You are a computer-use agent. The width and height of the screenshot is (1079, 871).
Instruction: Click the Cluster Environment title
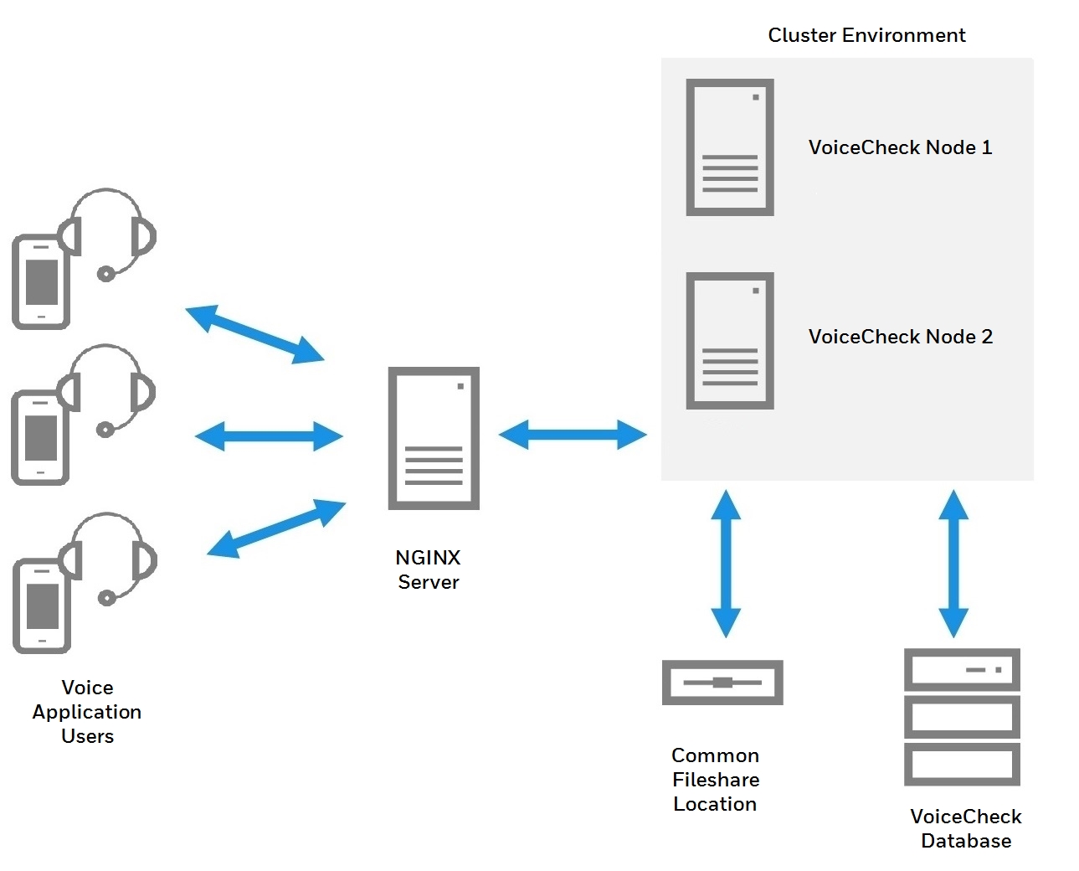pyautogui.click(x=866, y=35)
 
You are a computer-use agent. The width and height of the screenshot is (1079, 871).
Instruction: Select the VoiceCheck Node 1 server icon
pyautogui.click(x=729, y=147)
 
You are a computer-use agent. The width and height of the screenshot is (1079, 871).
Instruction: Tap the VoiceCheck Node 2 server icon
pyautogui.click(x=729, y=341)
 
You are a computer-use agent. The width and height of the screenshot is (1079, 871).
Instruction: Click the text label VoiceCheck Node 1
pyautogui.click(x=900, y=147)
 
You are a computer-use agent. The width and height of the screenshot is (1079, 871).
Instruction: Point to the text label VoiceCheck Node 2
pyautogui.click(x=900, y=337)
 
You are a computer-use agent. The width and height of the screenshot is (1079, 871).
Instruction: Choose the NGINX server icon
pyautogui.click(x=434, y=438)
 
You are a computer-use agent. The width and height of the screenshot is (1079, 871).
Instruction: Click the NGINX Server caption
pyautogui.click(x=428, y=569)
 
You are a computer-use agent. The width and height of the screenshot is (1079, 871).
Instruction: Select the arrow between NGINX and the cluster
pyautogui.click(x=573, y=435)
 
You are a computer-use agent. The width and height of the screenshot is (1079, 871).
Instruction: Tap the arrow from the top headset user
pyautogui.click(x=254, y=334)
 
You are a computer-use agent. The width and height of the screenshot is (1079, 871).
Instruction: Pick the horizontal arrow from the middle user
pyautogui.click(x=269, y=436)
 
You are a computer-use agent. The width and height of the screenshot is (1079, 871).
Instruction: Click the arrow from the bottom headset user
pyautogui.click(x=276, y=528)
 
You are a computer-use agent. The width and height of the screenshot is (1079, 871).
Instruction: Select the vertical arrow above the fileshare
pyautogui.click(x=726, y=564)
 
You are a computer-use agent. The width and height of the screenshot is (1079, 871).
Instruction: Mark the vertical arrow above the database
pyautogui.click(x=953, y=564)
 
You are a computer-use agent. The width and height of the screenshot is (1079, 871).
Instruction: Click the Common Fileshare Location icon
pyautogui.click(x=722, y=683)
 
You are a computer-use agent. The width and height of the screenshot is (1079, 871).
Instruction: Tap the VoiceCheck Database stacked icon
pyautogui.click(x=962, y=717)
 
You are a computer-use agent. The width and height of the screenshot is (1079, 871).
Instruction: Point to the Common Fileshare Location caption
pyautogui.click(x=715, y=780)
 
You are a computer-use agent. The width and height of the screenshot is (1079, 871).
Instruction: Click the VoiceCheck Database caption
pyautogui.click(x=965, y=828)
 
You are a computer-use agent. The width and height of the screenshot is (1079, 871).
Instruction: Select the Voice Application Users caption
pyautogui.click(x=87, y=712)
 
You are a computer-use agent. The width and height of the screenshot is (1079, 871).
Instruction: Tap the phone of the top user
pyautogui.click(x=40, y=282)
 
